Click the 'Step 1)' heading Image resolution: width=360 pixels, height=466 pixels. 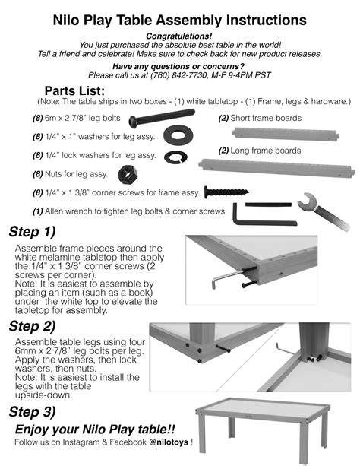click(x=32, y=232)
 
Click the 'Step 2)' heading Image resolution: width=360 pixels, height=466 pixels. click(x=32, y=327)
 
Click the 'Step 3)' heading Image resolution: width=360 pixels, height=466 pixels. click(x=32, y=412)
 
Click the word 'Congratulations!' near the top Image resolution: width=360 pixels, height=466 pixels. click(x=179, y=36)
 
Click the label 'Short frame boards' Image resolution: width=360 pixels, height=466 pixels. click(x=265, y=118)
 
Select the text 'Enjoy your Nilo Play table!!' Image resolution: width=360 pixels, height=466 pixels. click(x=96, y=430)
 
